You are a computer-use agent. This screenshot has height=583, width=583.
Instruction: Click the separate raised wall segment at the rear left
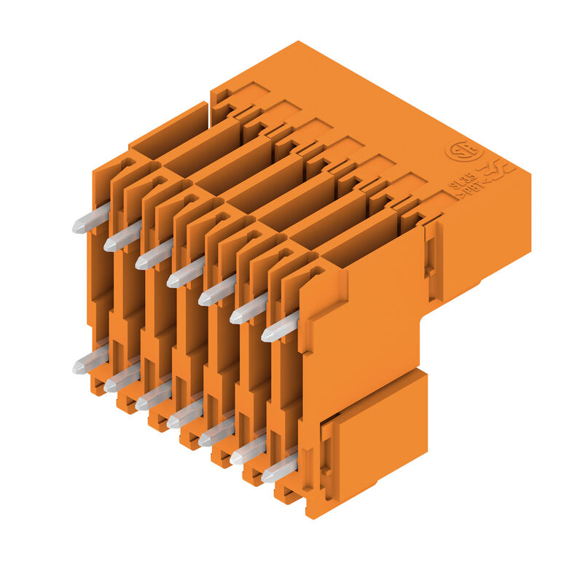click(x=169, y=130)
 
